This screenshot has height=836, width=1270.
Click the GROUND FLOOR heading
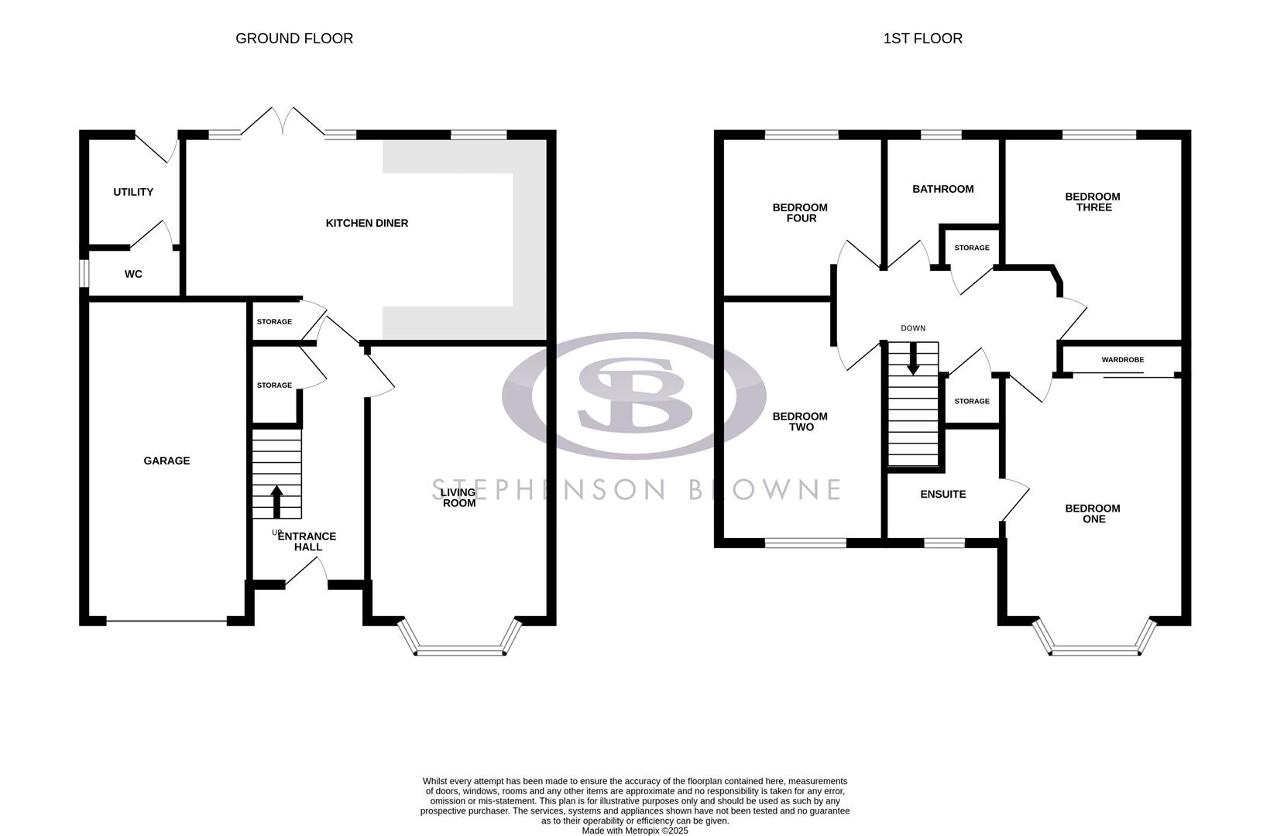[294, 38]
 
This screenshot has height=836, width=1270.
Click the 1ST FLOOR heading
[922, 38]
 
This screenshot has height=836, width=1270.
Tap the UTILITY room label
[133, 192]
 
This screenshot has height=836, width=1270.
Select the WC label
[133, 274]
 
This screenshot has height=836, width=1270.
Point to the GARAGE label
[166, 461]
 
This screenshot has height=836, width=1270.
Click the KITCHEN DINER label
[366, 223]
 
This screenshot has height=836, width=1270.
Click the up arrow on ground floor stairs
[276, 501]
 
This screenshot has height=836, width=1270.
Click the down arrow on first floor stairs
[913, 358]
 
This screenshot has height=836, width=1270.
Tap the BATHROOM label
[942, 189]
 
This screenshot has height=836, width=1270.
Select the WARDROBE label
[1122, 360]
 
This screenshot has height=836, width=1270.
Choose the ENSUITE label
[942, 494]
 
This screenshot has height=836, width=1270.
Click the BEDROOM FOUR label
[800, 213]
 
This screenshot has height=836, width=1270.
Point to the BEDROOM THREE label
[1093, 202]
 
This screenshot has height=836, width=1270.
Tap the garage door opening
[166, 621]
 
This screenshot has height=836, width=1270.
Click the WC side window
[83, 273]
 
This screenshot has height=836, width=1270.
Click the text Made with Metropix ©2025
[634, 831]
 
